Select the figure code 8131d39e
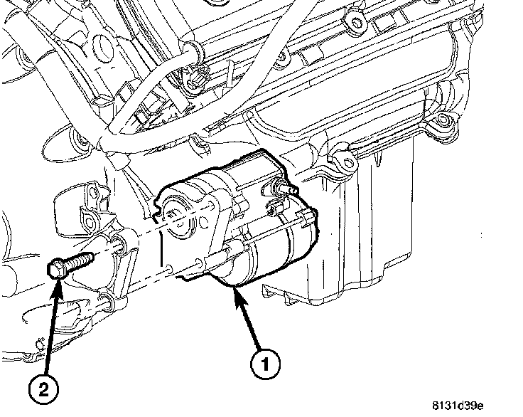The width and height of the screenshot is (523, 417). click(457, 406)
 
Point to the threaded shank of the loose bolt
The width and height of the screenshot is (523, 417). click(80, 260)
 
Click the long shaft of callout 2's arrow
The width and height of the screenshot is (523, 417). click(51, 327)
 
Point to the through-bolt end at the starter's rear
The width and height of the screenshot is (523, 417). click(307, 215)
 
